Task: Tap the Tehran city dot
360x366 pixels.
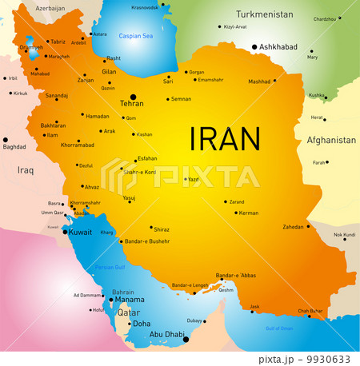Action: (134, 97)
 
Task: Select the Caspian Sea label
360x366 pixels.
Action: (134, 36)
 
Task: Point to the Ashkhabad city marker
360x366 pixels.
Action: (255, 47)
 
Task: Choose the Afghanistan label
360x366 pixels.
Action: (330, 140)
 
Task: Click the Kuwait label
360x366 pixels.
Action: (81, 232)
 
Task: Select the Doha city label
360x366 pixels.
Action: (142, 324)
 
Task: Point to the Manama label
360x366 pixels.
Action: (130, 300)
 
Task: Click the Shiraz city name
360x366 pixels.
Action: (162, 229)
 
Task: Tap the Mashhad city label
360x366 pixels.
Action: (259, 82)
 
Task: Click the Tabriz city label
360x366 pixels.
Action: (58, 42)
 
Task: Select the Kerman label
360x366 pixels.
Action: (249, 213)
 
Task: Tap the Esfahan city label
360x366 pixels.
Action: (147, 158)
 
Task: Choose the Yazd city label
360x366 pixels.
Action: (193, 180)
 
